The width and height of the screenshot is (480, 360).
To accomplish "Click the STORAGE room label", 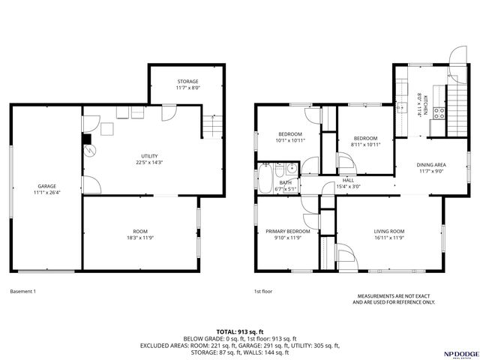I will point(187,81).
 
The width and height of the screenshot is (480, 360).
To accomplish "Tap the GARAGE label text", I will point(47,186).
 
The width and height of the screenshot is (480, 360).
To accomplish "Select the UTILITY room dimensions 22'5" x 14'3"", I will point(149,162).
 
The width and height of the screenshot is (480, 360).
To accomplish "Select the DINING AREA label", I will point(431,164).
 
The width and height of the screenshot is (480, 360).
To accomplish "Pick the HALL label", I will point(348,180).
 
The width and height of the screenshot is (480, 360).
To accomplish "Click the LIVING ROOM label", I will point(389,231).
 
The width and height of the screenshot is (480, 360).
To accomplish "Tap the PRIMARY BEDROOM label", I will point(288,231).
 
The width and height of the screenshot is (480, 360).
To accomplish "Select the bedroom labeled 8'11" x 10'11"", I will point(365,138).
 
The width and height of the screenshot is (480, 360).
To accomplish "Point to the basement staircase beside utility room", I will point(212,128).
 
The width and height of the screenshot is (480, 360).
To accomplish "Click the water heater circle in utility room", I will point(90,150).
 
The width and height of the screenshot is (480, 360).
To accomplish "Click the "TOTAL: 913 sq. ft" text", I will point(240,331).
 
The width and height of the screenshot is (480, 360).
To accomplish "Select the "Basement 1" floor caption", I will point(23,291).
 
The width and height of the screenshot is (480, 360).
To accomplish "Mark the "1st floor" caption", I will point(262,291).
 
